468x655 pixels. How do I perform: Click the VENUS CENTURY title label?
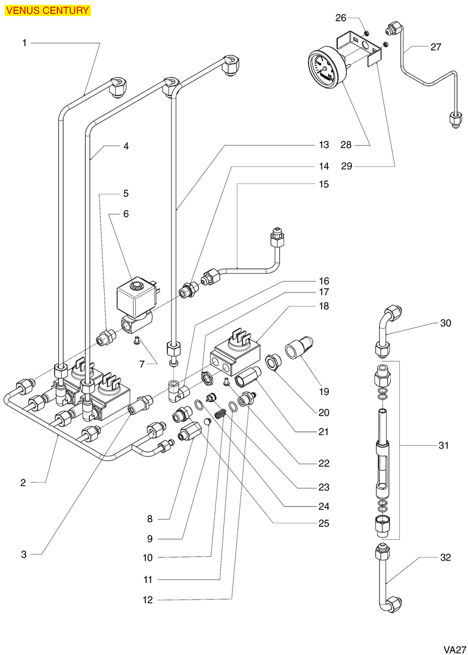point(47,10)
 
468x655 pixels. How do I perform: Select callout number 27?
point(435,47)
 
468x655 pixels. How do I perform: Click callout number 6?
point(126,214)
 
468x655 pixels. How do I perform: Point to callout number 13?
point(323,145)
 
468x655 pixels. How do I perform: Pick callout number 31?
point(443,446)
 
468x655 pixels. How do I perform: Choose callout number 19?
point(323,391)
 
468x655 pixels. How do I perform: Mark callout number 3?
point(24,554)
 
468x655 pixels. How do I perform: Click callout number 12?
point(148,600)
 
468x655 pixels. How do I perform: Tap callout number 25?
point(323,523)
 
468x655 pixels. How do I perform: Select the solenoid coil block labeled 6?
point(135,298)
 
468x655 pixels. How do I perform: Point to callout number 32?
point(445,558)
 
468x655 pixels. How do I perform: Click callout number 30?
point(445,324)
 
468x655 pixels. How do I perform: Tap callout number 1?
point(24,43)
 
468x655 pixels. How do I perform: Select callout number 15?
point(323,183)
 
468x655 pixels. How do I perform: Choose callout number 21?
point(323,432)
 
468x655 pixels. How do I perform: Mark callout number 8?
point(149,519)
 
